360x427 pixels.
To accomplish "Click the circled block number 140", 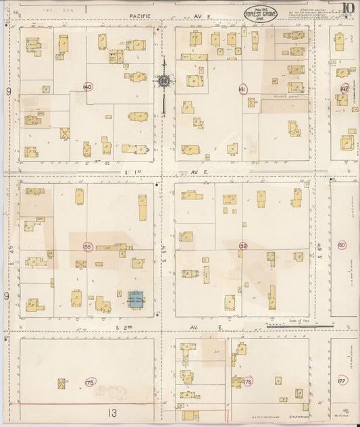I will (x=87, y=87).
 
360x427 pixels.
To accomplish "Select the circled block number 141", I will (x=243, y=89).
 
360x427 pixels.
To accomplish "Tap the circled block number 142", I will (x=345, y=89).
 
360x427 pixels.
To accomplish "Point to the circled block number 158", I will (x=88, y=246).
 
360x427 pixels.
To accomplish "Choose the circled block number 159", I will (x=243, y=247).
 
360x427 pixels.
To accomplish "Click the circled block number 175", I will (x=90, y=382).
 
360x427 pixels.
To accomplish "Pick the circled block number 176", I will (x=248, y=382).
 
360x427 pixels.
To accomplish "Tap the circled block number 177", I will (x=342, y=381).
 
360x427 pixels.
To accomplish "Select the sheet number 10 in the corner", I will (x=347, y=9).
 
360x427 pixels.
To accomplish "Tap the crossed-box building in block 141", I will (x=252, y=103).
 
